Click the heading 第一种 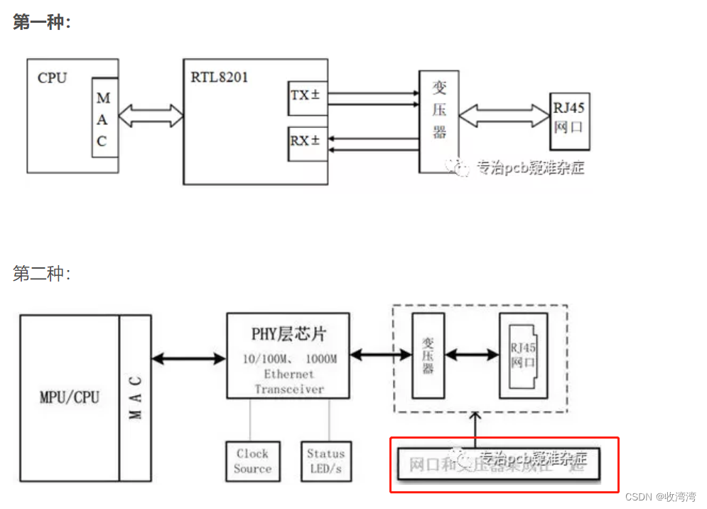tap(41, 22)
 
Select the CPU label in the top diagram tap(52, 78)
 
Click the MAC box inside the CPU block tap(104, 118)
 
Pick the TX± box tap(307, 95)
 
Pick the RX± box tap(307, 141)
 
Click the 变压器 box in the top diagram tap(438, 121)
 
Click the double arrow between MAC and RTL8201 tap(151, 114)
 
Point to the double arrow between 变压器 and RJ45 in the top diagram tap(504, 113)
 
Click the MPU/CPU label tap(69, 397)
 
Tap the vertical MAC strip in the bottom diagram tap(136, 397)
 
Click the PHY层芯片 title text tap(288, 333)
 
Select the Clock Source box tap(252, 461)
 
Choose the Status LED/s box tap(325, 461)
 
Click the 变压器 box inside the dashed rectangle tap(428, 355)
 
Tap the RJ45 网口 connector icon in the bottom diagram tap(527, 355)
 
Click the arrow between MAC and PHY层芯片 tap(189, 359)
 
